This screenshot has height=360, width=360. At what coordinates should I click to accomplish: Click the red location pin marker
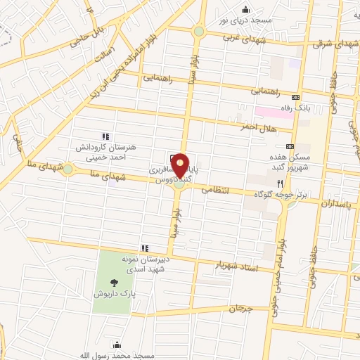click(180, 166)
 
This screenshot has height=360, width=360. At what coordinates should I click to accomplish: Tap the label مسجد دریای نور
click(245, 20)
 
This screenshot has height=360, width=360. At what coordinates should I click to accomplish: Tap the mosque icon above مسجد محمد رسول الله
click(117, 345)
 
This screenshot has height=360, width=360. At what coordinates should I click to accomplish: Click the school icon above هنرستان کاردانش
click(105, 136)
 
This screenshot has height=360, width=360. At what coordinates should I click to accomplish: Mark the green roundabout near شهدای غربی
click(199, 32)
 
